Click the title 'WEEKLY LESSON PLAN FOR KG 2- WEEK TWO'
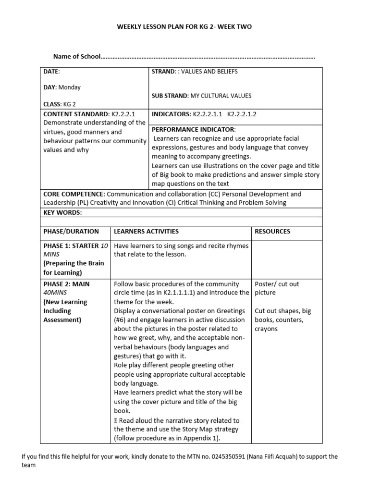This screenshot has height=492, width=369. coord(184,27)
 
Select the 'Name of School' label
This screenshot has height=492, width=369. coord(77,57)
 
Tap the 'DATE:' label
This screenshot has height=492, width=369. coord(52,72)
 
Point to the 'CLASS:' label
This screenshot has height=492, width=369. coord(52,104)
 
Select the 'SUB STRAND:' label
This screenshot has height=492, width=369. coord(170,96)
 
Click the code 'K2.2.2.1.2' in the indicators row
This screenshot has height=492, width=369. coord(242,115)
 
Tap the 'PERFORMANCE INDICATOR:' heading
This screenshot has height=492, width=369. coord(194,130)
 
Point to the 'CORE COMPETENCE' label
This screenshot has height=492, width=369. coord(74,194)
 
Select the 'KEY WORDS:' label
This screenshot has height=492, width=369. coord(62,212)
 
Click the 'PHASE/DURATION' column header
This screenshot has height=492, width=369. coord(71,231)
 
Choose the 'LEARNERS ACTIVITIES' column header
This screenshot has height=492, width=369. coord(146,231)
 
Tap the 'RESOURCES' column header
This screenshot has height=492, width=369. coord(272,231)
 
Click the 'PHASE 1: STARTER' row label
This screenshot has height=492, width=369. coord(71,246)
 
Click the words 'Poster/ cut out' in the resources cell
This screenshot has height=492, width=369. coord(277,284)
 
